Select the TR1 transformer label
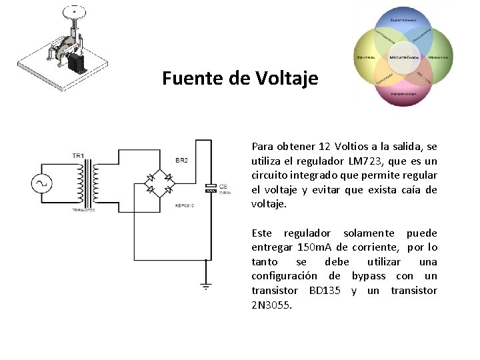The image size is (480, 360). [x=78, y=156]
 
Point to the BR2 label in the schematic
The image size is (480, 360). [x=181, y=161]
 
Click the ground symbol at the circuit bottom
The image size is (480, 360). [x=206, y=286]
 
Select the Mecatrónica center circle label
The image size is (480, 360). [x=403, y=58]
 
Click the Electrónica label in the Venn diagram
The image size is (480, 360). [x=403, y=20]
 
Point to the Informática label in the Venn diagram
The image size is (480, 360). [x=403, y=94]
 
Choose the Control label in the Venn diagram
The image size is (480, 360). [x=367, y=58]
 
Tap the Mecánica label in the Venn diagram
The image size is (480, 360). [x=438, y=58]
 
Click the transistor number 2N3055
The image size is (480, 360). [x=271, y=305]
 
